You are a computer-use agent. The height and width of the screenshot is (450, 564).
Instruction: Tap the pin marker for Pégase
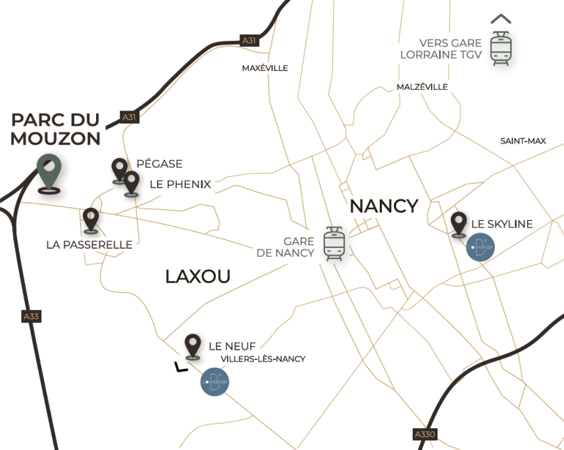[119, 169]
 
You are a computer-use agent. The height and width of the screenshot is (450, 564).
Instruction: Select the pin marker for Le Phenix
[132, 182]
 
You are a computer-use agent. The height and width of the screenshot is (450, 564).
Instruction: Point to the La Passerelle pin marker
[90, 219]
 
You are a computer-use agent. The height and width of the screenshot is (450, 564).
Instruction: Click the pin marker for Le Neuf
[193, 345]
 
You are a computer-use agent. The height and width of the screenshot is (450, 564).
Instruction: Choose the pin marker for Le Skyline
[459, 223]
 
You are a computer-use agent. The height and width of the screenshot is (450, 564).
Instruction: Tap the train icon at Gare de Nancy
[334, 244]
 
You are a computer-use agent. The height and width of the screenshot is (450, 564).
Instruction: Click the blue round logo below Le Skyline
[480, 247]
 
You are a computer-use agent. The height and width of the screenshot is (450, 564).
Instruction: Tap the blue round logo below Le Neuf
[215, 382]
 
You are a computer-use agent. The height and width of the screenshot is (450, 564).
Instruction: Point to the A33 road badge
[31, 316]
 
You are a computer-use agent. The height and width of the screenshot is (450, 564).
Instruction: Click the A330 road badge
[424, 434]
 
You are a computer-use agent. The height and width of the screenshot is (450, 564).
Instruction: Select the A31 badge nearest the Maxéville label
[249, 41]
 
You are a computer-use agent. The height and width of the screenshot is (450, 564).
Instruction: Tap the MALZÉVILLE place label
[422, 87]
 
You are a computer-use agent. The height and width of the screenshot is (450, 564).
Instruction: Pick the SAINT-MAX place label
[523, 141]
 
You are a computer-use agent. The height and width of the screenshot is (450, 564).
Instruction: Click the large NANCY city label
[384, 206]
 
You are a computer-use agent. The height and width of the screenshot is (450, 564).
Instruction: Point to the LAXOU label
[197, 276]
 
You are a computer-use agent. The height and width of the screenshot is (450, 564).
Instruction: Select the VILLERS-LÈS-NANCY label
[263, 359]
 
